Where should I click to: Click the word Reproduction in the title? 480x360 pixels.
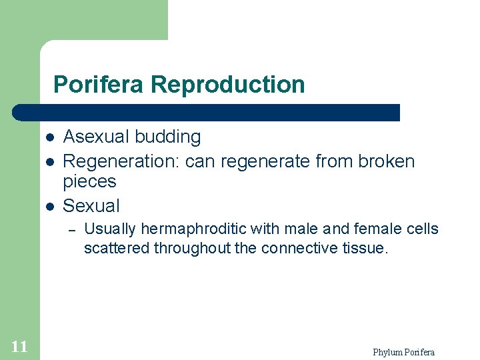228,85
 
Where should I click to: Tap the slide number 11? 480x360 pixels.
19,346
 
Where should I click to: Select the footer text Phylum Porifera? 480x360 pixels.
403,352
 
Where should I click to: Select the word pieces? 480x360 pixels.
89,181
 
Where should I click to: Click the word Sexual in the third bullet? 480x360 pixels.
91,205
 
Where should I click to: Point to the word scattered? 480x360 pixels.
117,249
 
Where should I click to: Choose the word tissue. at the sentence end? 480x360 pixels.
363,249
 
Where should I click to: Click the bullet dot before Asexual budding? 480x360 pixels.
50,138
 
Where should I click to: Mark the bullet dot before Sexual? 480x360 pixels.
50,206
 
